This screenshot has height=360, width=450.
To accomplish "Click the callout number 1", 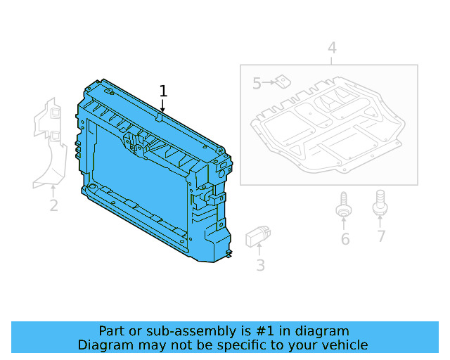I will [163, 91].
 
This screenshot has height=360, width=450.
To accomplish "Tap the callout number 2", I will [53, 206].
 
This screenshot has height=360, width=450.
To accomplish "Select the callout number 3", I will [260, 265].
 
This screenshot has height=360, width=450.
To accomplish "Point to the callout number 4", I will [332, 48].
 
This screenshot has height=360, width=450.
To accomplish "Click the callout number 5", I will [257, 84].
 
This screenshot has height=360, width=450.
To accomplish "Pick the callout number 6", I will [345, 239].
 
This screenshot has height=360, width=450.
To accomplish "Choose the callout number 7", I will [381, 236].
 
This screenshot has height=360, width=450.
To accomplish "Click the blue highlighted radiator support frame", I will [141, 176].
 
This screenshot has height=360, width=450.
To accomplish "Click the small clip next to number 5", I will [283, 81].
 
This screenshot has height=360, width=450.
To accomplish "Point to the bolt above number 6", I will [344, 205].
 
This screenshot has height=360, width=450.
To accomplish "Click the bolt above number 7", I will [380, 202].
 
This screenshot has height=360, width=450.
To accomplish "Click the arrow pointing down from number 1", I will [163, 106].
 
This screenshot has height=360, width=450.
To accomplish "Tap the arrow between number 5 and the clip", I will [269, 84].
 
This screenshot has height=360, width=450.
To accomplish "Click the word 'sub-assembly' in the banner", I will [169, 331].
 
